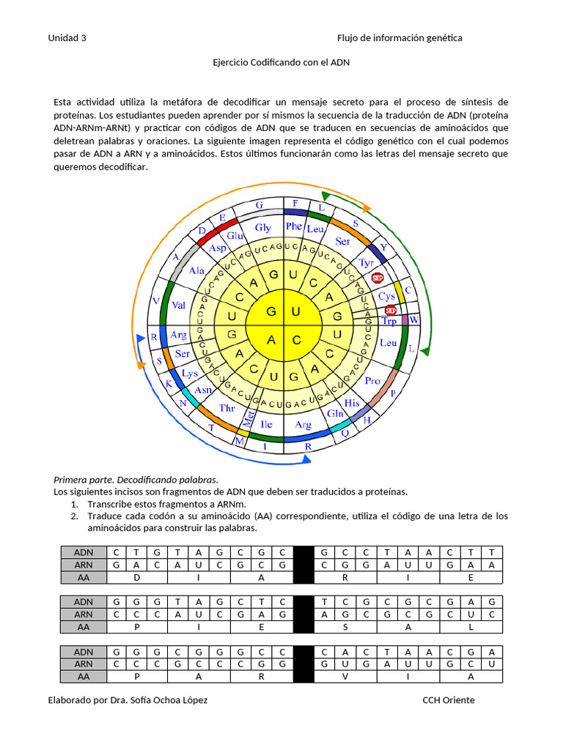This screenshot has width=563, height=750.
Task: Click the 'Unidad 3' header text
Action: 67,38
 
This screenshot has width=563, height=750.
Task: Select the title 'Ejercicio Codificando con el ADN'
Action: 281,62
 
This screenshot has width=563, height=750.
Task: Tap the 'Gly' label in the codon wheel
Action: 262,228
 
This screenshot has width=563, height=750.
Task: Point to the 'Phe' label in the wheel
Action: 294,226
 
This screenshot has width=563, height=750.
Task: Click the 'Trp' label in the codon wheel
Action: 389,321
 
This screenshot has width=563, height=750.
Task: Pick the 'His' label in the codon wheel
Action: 352,403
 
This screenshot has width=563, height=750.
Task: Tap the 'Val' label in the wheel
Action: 178,305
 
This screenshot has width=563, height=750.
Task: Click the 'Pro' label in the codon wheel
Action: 372,381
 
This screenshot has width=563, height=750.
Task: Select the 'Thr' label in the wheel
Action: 227,408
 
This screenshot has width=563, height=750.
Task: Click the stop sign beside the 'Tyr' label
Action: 378,278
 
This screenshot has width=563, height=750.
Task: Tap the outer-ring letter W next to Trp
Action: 413,320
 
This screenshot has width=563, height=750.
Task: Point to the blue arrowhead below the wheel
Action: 307,459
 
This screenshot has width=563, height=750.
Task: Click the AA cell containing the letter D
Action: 137,577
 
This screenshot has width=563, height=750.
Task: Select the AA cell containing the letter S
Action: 345,627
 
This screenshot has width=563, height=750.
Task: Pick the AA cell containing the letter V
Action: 345,677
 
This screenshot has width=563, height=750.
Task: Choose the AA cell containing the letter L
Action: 471,627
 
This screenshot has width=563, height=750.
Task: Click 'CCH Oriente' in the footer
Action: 448,700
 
